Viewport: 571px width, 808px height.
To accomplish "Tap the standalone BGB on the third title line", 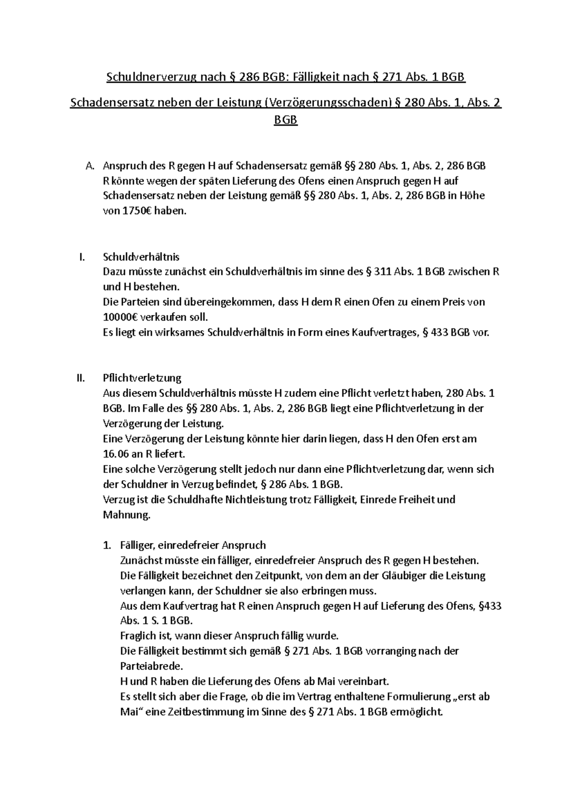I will [285, 120].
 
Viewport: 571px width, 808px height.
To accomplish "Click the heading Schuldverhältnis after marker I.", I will [141, 257].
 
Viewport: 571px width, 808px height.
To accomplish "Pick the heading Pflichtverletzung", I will [142, 378].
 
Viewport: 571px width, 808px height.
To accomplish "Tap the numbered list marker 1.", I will [107, 545].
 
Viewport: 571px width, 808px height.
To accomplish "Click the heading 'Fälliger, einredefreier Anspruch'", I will [193, 545].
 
